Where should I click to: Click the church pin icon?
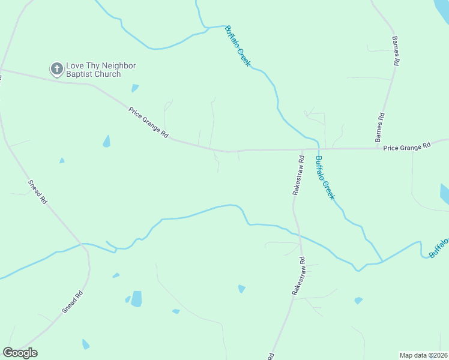point(57,69)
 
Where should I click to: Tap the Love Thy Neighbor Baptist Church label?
point(93,70)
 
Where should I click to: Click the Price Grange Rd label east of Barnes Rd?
point(408,146)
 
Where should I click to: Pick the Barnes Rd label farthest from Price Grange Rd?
point(396,50)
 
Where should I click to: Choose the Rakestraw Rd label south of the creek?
point(298,275)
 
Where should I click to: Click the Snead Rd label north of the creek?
point(37,193)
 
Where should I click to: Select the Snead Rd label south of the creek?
point(71,302)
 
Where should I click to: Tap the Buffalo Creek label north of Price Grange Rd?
point(237,46)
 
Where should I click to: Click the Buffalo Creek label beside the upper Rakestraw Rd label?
point(324,178)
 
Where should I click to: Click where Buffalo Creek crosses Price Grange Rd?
point(318,149)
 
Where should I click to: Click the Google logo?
point(20,353)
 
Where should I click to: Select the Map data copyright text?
point(424,355)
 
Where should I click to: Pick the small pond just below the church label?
point(135,88)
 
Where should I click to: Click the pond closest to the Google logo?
point(86,344)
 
